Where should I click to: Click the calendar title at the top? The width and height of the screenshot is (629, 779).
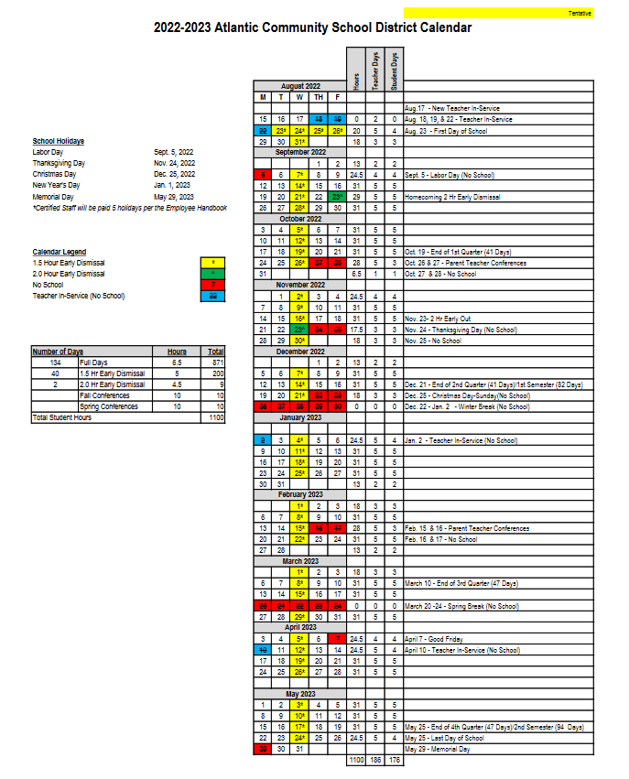[313, 28]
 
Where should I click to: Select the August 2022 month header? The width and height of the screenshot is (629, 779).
[300, 86]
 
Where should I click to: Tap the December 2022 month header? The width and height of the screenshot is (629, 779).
[300, 352]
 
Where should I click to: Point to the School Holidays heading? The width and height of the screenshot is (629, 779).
[59, 141]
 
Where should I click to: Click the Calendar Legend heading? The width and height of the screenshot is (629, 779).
[60, 252]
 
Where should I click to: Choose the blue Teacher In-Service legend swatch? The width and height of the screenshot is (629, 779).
[212, 296]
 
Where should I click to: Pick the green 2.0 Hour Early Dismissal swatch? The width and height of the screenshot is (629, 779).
[212, 274]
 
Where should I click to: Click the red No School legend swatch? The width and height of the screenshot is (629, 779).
[212, 285]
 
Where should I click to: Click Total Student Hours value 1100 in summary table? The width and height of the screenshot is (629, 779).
[215, 417]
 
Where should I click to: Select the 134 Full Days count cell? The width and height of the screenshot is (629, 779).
[55, 362]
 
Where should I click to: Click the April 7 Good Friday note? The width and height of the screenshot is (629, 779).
[436, 639]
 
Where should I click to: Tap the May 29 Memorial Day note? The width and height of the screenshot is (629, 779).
[439, 750]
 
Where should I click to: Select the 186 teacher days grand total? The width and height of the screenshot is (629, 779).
[374, 761]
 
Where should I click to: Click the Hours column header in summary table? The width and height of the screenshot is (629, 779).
[177, 352]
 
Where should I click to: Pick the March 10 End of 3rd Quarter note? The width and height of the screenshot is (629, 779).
[461, 583]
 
